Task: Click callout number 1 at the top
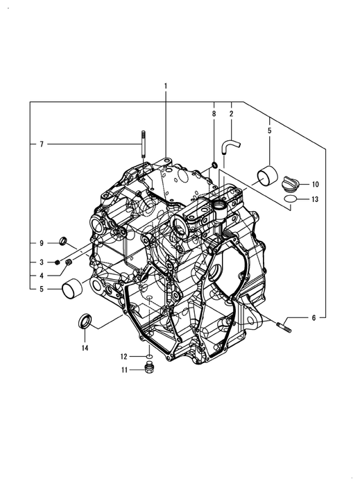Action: pos(166,86)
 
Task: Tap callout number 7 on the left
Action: pos(42,144)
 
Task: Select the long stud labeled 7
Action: pos(144,144)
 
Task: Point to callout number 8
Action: pos(214,114)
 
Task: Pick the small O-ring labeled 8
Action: pos(214,164)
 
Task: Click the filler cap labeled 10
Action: pos(291,183)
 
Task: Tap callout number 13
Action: pos(315,199)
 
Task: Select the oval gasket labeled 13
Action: pos(291,199)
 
